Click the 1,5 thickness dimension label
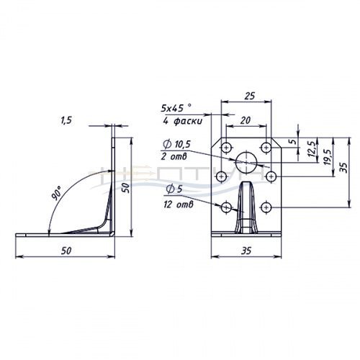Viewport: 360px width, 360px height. [66, 120]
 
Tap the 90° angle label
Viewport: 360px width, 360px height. [57, 193]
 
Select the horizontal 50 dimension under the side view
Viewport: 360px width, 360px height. [66, 251]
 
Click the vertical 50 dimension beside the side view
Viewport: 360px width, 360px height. [126, 188]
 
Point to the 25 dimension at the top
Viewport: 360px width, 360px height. [250, 96]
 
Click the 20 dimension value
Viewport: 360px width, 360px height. [246, 120]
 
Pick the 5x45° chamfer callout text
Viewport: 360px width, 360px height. [176, 108]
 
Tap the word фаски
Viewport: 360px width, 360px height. [187, 121]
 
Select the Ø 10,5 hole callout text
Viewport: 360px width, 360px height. [176, 144]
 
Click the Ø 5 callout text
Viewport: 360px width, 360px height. [174, 189]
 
